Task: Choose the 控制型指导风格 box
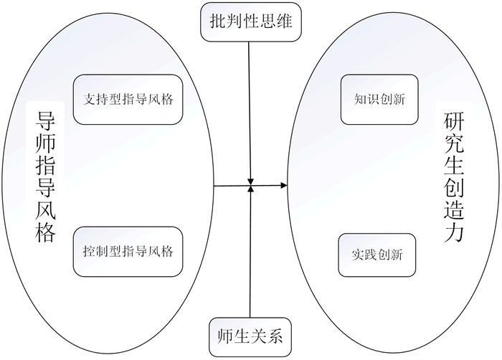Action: point(128,252)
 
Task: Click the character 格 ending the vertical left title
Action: point(44,233)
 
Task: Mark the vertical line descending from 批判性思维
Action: point(249,108)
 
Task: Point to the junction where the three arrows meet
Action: point(250,186)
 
